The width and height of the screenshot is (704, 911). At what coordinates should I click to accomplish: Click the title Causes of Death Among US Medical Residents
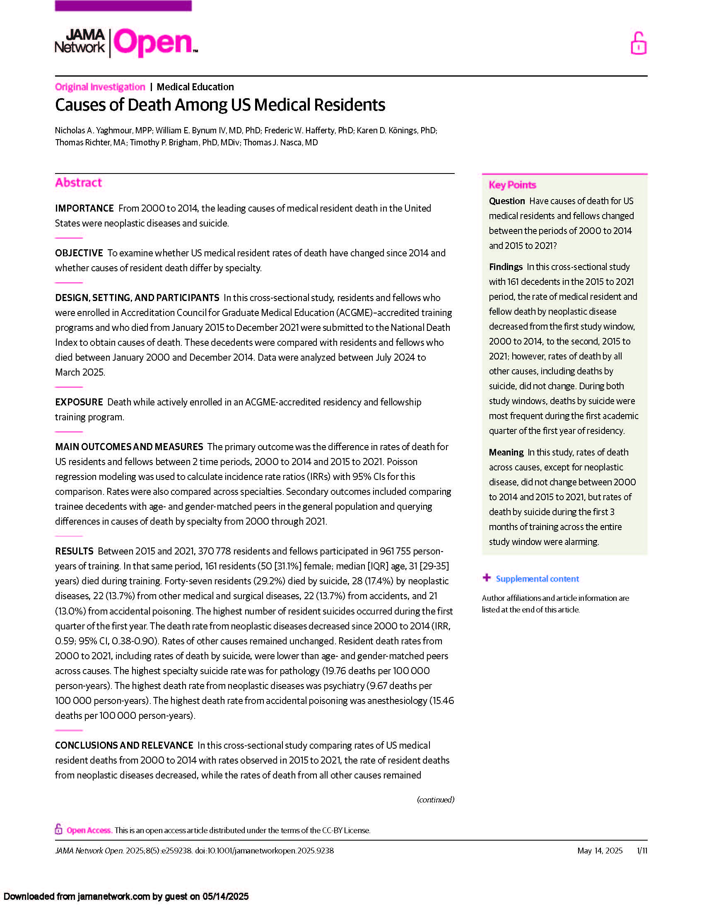220,105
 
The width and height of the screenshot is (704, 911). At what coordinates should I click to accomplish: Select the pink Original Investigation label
100,87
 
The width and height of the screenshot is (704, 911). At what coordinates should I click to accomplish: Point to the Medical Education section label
195,87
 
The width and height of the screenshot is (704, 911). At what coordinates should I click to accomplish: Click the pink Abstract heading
78,183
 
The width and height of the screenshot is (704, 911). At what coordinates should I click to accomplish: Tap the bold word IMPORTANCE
84,208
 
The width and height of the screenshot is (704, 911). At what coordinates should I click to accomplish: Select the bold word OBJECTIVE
79,253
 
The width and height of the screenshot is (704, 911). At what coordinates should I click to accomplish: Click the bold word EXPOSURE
79,402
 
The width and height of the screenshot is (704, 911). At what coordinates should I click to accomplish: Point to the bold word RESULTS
74,551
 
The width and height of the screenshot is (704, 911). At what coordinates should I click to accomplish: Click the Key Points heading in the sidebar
512,185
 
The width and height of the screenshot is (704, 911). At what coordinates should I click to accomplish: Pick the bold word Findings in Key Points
506,267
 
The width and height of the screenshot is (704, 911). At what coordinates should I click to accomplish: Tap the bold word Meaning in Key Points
506,452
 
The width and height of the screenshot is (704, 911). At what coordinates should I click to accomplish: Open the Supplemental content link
537,578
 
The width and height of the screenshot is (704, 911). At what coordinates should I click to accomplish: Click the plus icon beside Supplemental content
486,578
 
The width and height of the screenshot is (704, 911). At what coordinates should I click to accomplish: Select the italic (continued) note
435,799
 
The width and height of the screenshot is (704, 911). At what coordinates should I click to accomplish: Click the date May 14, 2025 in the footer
600,851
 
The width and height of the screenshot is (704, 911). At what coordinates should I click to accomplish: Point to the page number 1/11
642,851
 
